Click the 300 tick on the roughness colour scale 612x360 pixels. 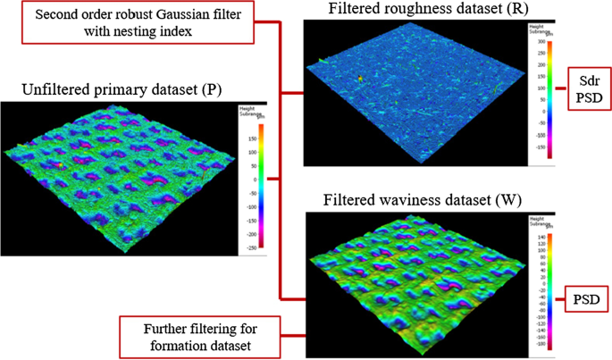pos(541,42)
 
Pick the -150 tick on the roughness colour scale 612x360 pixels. pos(541,147)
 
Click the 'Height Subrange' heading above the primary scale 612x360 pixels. pos(247,111)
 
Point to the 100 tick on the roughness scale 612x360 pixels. pos(541,88)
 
